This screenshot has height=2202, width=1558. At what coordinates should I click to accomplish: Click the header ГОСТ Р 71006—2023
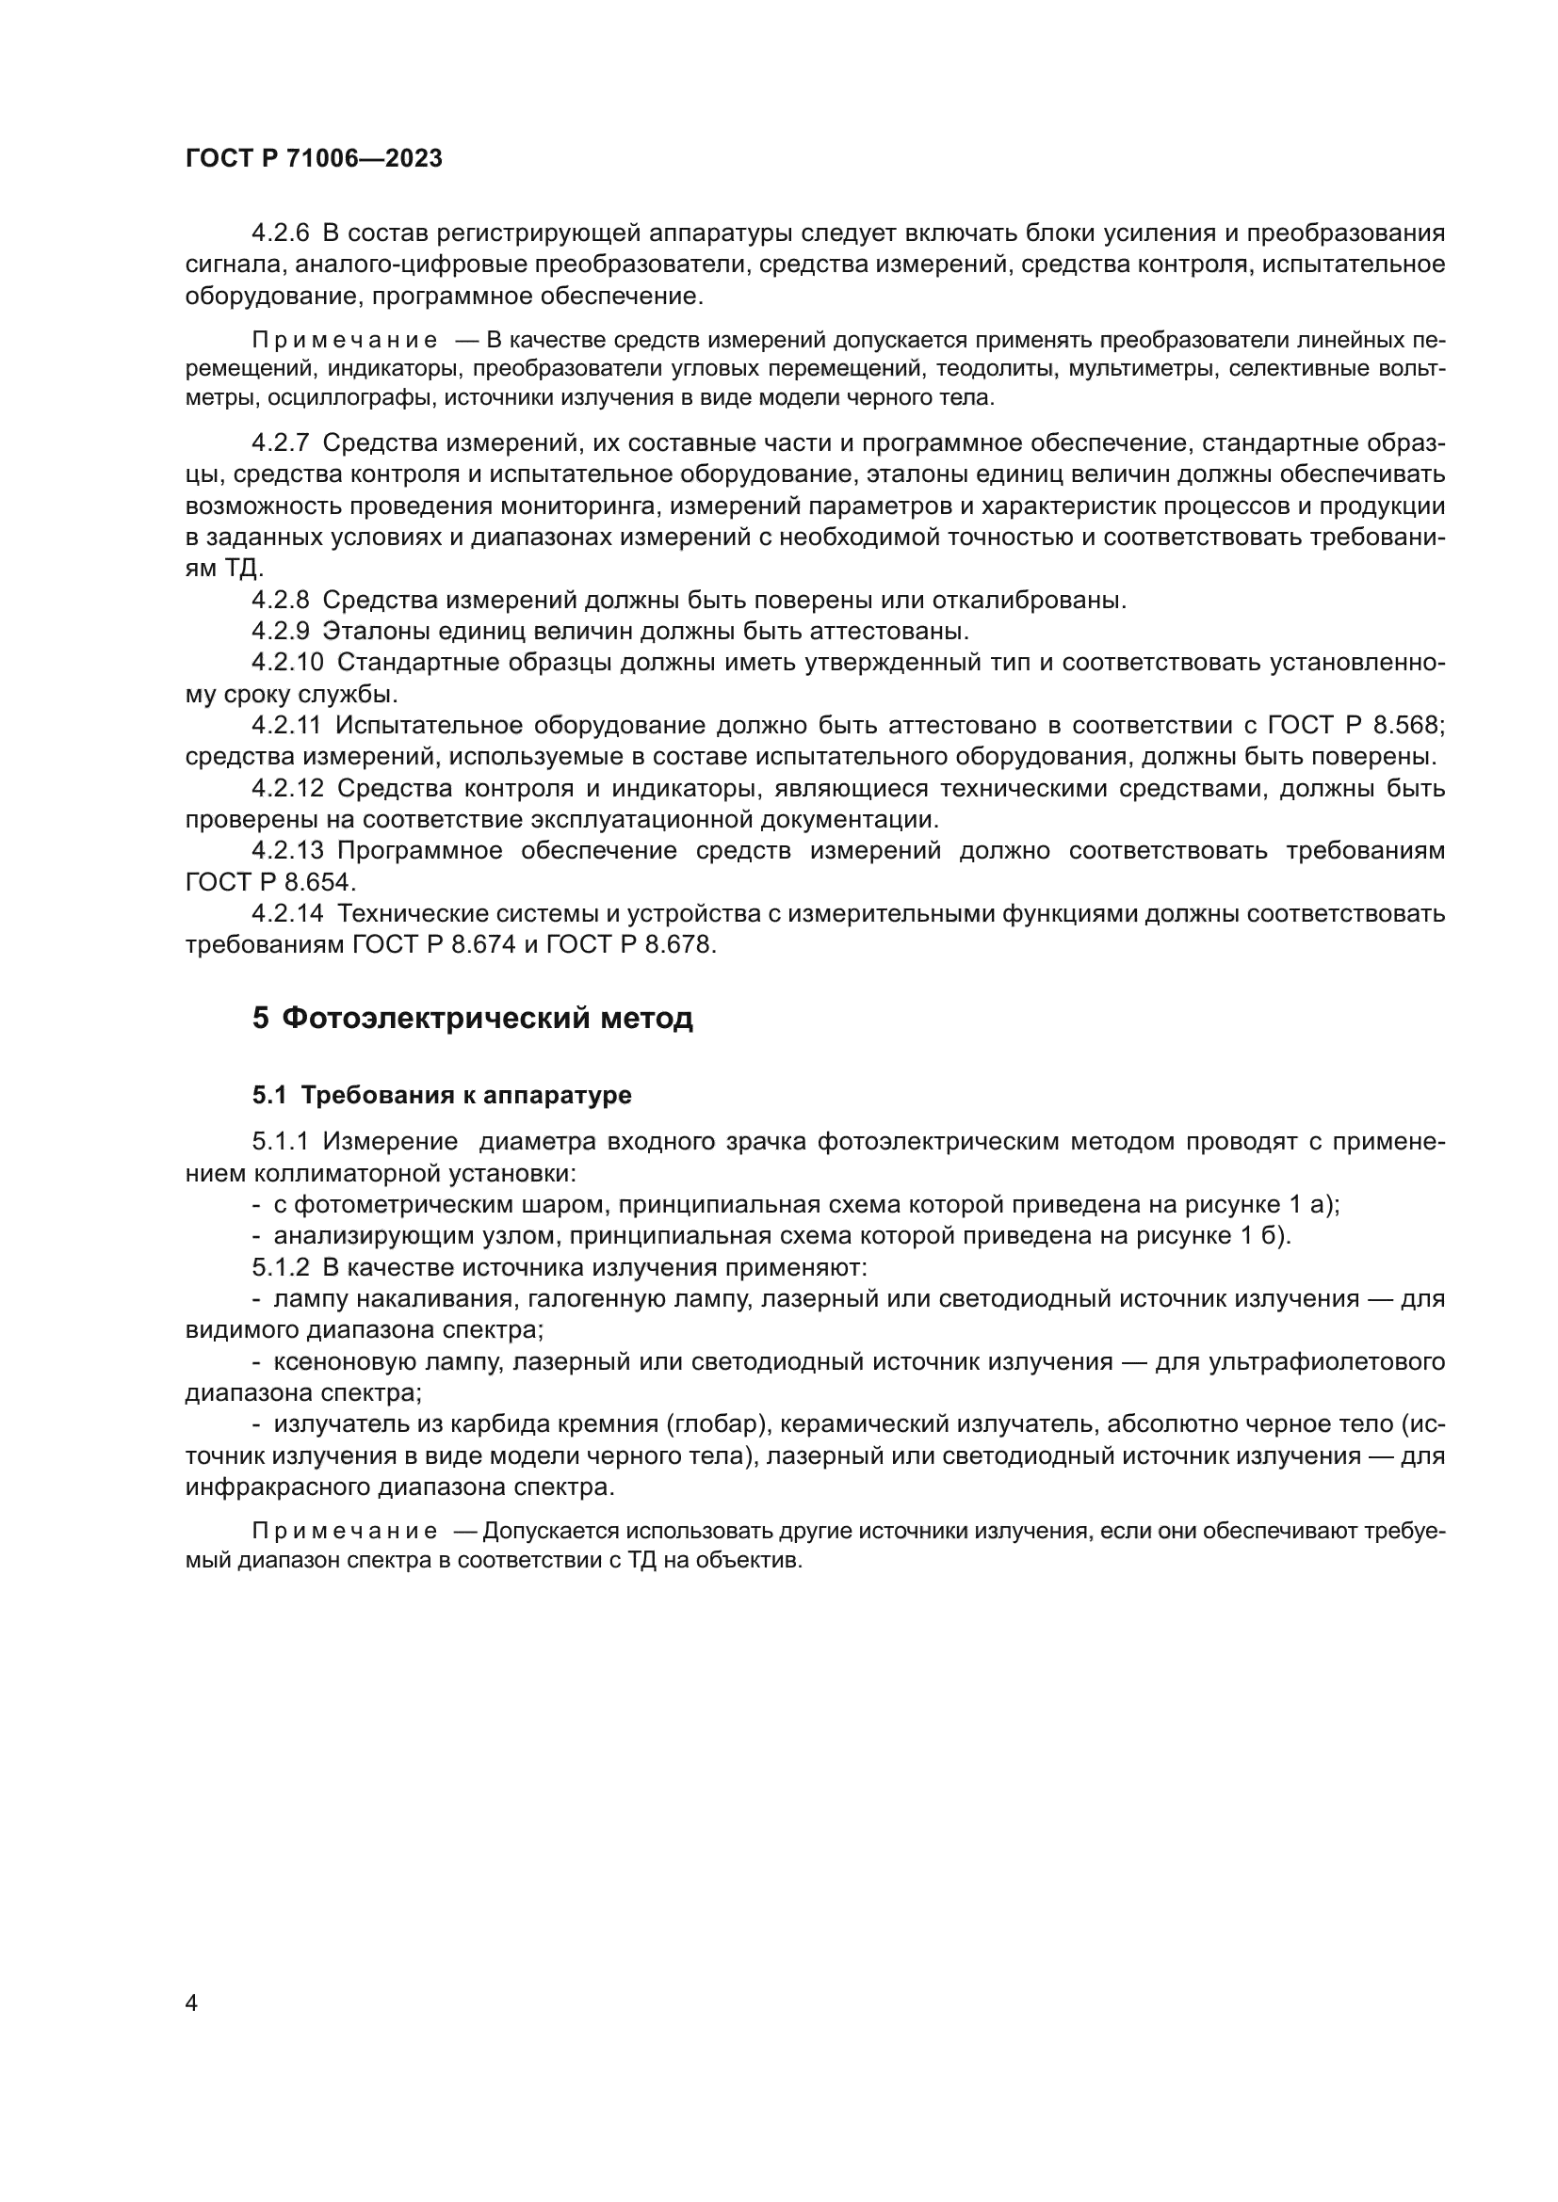pos(314,158)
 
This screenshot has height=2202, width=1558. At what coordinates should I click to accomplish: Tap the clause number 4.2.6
pos(281,233)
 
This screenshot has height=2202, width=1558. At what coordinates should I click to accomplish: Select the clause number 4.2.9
pos(281,631)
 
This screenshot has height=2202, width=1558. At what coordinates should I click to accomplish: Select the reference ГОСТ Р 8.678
pos(629,944)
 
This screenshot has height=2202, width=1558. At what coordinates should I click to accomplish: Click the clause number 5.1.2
pos(281,1268)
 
